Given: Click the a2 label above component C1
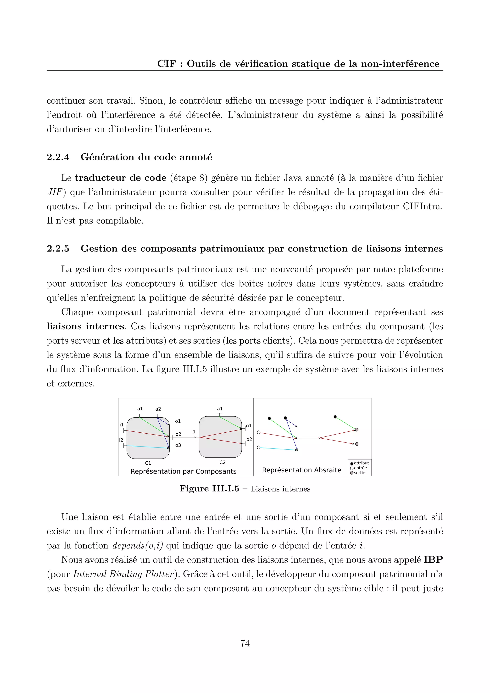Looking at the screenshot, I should pyautogui.click(x=158, y=409).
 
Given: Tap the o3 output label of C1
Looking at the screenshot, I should pyautogui.click(x=178, y=445).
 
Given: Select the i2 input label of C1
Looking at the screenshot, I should pyautogui.click(x=121, y=440).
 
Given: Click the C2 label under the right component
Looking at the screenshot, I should pyautogui.click(x=222, y=462).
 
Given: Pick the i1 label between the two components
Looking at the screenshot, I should pyautogui.click(x=193, y=432).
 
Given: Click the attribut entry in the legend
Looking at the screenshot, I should pyautogui.click(x=361, y=463).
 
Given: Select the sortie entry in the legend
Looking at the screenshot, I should pyautogui.click(x=359, y=473).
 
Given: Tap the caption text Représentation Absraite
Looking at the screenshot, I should pyautogui.click(x=301, y=470).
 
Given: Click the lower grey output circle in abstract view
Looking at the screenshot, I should pyautogui.click(x=357, y=444).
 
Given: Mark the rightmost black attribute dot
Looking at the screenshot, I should pyautogui.click(x=335, y=417).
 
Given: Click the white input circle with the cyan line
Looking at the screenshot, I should pyautogui.click(x=259, y=447).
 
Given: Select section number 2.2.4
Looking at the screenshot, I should pyautogui.click(x=58, y=157).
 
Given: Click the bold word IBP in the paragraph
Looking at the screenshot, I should pyautogui.click(x=433, y=560).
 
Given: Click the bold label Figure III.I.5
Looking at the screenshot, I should pyautogui.click(x=209, y=489).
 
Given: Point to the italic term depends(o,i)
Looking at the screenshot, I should pyautogui.click(x=138, y=546).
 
